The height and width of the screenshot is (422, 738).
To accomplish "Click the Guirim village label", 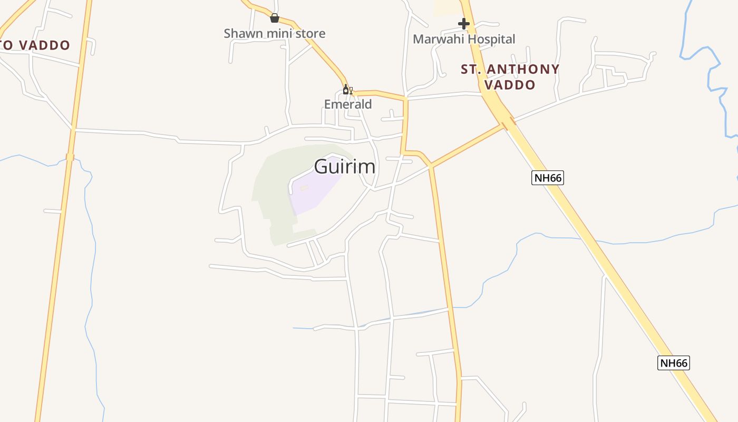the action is pyautogui.click(x=345, y=167).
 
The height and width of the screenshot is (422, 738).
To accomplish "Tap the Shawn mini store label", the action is pyautogui.click(x=274, y=33).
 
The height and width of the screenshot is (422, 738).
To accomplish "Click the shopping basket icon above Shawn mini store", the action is pyautogui.click(x=274, y=18).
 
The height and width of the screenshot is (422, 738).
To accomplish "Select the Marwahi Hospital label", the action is pyautogui.click(x=464, y=39).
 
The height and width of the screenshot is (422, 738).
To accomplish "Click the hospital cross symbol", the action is pyautogui.click(x=464, y=24).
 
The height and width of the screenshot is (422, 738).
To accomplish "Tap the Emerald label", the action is pyautogui.click(x=348, y=104).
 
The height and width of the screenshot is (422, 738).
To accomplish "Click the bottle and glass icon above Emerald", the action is pyautogui.click(x=347, y=90).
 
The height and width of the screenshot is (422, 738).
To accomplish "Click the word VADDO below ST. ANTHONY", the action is pyautogui.click(x=510, y=84).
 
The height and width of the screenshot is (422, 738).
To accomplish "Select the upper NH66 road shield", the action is pyautogui.click(x=548, y=178).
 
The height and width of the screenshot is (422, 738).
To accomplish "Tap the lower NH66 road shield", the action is pyautogui.click(x=674, y=363).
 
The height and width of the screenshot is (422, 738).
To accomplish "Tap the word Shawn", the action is pyautogui.click(x=240, y=33).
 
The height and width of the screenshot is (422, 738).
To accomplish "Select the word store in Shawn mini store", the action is pyautogui.click(x=310, y=33).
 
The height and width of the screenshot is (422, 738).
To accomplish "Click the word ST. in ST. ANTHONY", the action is pyautogui.click(x=471, y=69).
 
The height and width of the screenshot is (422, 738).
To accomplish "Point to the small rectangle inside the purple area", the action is pyautogui.click(x=304, y=188).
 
